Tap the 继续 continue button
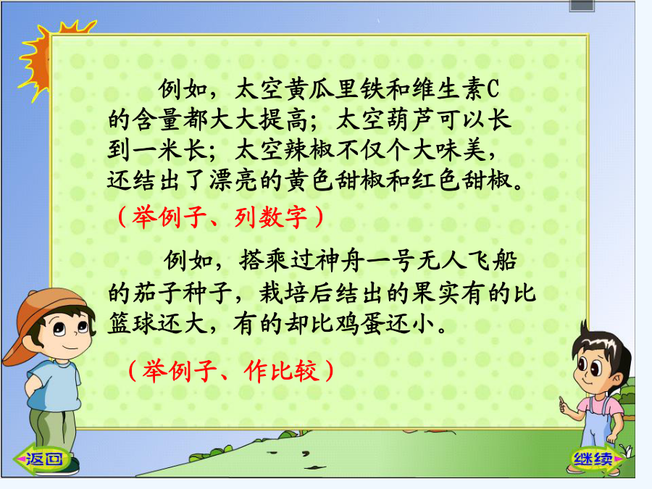click(595, 459)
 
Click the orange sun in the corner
click(40, 58)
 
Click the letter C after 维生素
click(493, 89)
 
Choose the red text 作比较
click(282, 370)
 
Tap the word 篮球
click(133, 324)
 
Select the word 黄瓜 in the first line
click(310, 89)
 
